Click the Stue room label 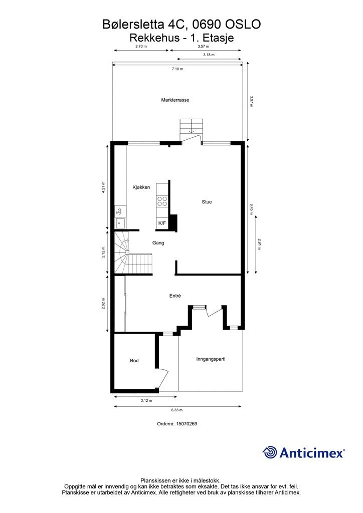pos(207,202)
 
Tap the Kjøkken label pos(141,187)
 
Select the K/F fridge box pos(162,223)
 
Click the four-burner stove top pos(162,201)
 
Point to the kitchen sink pos(120,223)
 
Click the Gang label pos(158,243)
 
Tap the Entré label pos(175,296)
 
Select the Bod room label pos(134,361)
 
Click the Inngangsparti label pos(211,359)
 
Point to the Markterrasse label pos(175,100)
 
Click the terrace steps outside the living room pos(192,126)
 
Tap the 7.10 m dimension pos(177,69)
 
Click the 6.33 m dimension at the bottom pos(177,410)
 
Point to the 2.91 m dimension pos(259,244)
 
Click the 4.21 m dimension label pos(103,187)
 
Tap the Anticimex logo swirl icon pos(270,452)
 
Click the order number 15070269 pos(187,424)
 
